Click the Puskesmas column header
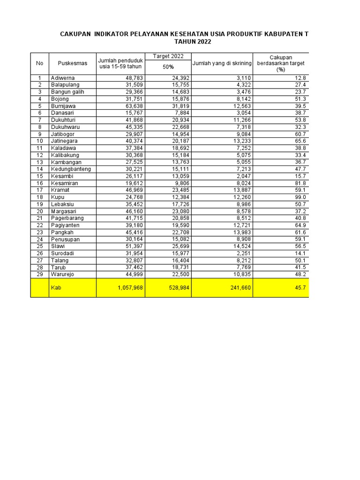pos(73,63)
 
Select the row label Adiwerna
pos(62,78)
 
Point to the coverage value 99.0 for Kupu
pos(300,197)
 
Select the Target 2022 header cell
pos(168,56)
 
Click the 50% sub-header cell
pos(168,67)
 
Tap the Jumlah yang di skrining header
pos(222,63)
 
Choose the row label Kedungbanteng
pos(71,169)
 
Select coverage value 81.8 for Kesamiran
pos(300,183)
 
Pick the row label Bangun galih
pos(67,92)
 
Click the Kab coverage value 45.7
pos(300,288)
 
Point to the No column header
pos(40,63)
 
